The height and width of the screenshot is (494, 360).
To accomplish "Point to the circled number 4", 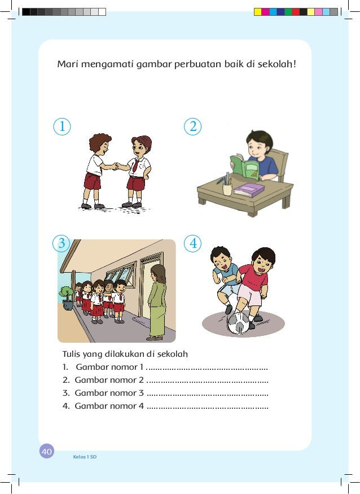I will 193,244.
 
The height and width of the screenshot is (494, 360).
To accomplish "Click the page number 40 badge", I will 46,451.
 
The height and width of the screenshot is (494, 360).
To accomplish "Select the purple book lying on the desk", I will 249,189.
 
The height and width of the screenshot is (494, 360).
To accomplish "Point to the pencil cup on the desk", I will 227,186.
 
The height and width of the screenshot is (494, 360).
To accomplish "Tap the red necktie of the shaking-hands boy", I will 135,165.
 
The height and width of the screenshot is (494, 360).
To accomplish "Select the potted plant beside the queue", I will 68,298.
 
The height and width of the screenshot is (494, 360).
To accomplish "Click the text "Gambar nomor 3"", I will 106,393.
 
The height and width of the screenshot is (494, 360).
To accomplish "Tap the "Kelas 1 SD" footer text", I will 85,456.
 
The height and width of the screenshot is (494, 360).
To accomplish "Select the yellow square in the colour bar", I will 257,11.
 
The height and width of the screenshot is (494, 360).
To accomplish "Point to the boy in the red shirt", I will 254,282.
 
